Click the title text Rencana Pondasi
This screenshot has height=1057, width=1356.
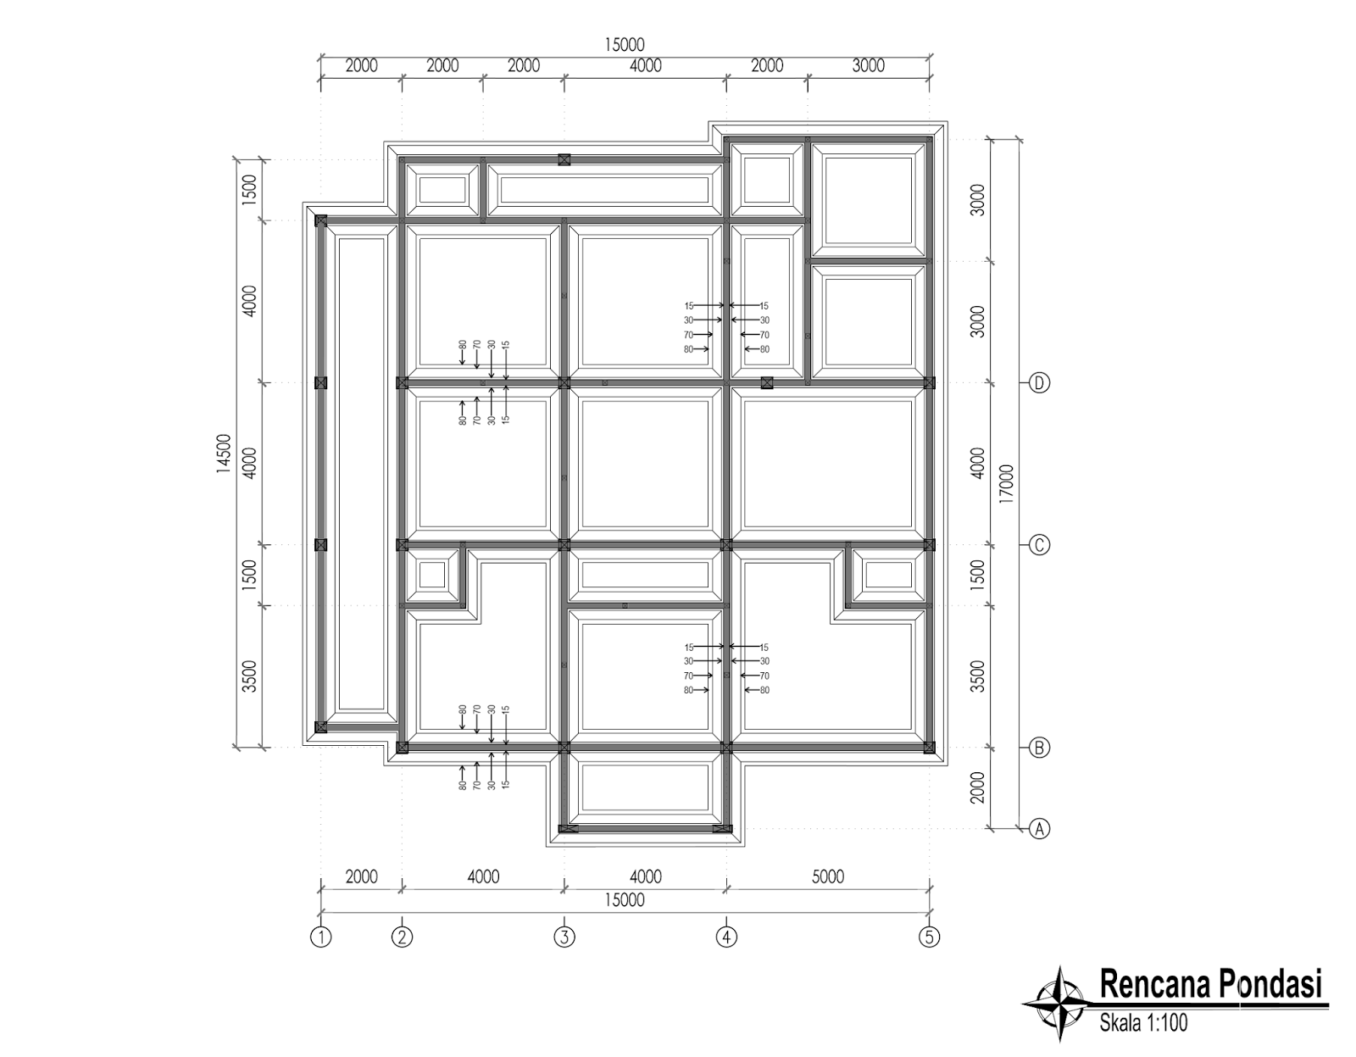pos(1210,985)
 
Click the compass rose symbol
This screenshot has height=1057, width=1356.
pos(1059,1003)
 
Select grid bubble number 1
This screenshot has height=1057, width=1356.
pos(320,937)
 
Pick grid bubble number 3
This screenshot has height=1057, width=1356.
pos(564,937)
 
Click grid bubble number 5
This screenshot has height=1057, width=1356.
pos(930,937)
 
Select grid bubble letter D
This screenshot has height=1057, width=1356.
pos(1039,383)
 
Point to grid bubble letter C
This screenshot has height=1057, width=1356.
pos(1039,545)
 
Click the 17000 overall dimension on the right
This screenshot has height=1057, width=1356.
pos(1006,484)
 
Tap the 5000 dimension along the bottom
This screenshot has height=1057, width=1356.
pos(827,876)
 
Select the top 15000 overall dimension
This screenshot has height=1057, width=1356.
pos(625,45)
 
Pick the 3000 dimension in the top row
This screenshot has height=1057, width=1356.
pos(868,66)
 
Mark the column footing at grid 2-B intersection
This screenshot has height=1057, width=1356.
pos(403,748)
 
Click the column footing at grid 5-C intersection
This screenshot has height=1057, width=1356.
pos(929,545)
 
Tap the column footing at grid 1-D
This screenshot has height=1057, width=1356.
pos(320,383)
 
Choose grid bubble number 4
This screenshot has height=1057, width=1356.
pos(726,937)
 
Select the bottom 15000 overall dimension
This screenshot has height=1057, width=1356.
pos(625,900)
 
